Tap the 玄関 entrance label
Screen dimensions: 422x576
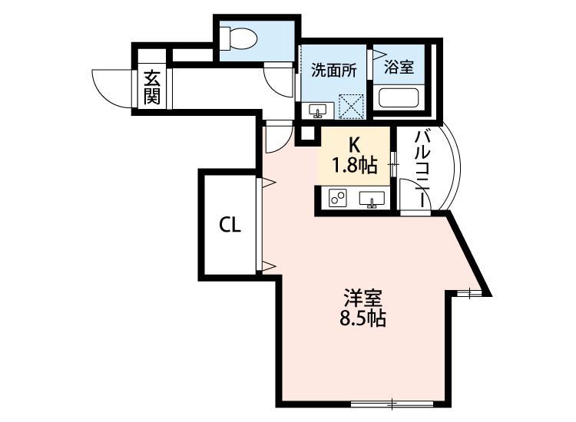[x=151, y=87]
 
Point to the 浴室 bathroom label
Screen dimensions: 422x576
[x=399, y=68]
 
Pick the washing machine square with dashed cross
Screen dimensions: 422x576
[x=353, y=106]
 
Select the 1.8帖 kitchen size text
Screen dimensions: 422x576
[x=355, y=163]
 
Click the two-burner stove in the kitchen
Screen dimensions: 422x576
[x=337, y=199]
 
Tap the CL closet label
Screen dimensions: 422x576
[x=230, y=225]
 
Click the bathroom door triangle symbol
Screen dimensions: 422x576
[x=378, y=54]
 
